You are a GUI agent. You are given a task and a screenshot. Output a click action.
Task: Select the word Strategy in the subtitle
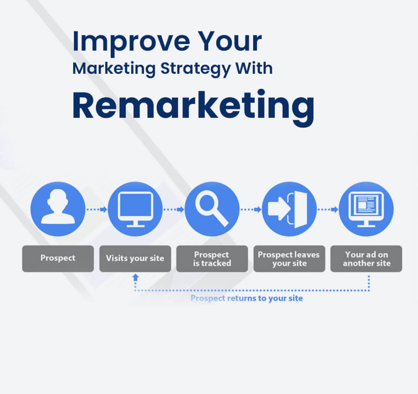point(196,68)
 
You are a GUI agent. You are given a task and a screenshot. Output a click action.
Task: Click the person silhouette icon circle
point(58,209)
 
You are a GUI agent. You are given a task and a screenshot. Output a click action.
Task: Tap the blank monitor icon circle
point(135,209)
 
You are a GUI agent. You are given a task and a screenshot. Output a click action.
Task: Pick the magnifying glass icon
point(212,209)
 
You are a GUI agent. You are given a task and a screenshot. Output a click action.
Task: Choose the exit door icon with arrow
point(289,209)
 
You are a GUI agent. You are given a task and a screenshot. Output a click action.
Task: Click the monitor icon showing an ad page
point(366,209)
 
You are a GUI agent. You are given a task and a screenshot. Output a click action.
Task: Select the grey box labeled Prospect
point(58,258)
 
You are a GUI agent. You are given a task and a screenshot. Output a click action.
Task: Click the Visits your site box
point(135,258)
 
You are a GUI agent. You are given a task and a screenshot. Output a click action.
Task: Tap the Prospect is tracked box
point(212,258)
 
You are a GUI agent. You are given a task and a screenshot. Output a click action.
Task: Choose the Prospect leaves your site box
point(289,258)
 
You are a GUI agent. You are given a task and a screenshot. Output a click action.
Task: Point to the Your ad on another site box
point(366,258)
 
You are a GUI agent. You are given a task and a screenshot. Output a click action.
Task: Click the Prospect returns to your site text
point(247,298)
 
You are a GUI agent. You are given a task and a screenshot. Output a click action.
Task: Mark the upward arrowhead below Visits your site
point(135,277)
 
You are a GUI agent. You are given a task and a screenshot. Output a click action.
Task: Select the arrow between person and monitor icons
point(97,209)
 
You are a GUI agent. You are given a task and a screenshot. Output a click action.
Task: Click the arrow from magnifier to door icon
point(251,209)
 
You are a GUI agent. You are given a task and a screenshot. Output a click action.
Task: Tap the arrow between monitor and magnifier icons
point(174,209)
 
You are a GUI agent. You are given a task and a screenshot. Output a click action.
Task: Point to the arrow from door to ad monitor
point(328,209)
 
